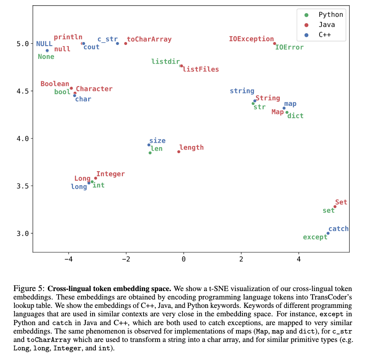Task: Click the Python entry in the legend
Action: click(x=331, y=15)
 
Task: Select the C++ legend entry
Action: click(x=326, y=35)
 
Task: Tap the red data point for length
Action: click(x=179, y=152)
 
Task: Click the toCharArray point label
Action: click(x=149, y=39)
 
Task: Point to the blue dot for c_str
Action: click(x=117, y=43)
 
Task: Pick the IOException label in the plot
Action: click(x=251, y=39)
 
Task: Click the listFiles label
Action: click(x=201, y=69)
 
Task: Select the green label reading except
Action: click(x=315, y=237)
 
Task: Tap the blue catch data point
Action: click(x=328, y=233)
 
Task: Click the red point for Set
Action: click(x=335, y=206)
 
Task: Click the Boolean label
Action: click(x=55, y=84)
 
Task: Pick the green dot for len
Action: click(x=150, y=153)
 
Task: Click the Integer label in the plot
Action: click(x=111, y=174)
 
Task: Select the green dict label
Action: click(x=295, y=116)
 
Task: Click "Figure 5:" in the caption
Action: click(x=29, y=288)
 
